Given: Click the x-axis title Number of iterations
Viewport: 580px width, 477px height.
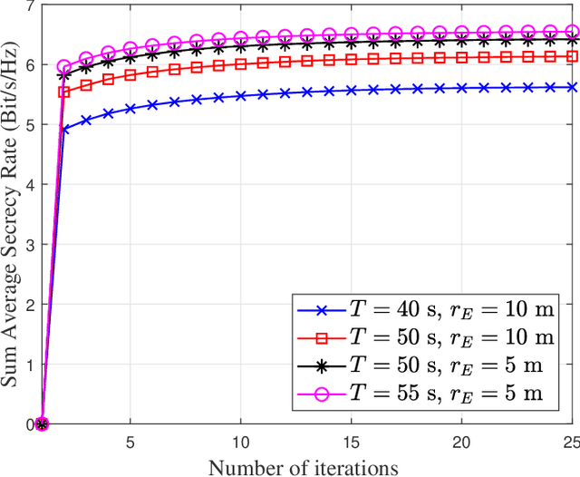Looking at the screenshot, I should (x=303, y=467).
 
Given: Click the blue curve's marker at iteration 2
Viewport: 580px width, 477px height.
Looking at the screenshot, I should (x=64, y=130).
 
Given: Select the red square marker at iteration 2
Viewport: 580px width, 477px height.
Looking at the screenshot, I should (x=64, y=92).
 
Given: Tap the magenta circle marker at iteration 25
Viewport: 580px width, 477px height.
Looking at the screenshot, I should (x=572, y=30).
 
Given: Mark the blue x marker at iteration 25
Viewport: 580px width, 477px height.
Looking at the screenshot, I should (x=572, y=88).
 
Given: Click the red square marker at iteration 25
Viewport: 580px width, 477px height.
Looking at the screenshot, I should (x=572, y=56).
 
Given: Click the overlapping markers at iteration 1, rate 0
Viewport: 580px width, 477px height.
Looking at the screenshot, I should (x=42, y=423).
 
